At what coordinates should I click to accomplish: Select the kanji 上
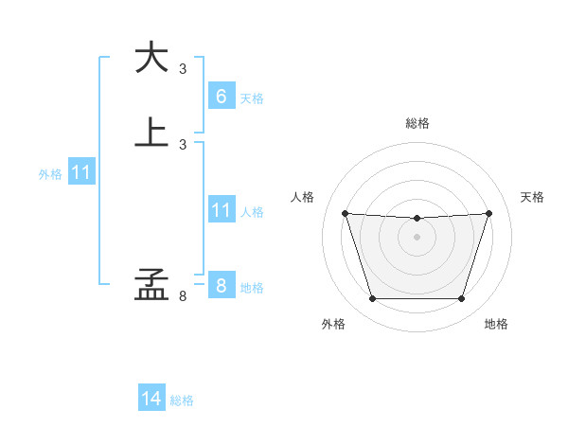[151, 131]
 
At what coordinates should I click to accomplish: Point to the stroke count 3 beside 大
[183, 69]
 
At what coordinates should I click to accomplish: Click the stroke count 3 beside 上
[183, 144]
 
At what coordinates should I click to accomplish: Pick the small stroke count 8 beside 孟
[183, 296]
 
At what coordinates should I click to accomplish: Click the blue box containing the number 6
[221, 97]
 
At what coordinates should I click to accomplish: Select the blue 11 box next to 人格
[221, 210]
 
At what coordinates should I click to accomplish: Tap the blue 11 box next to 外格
[81, 173]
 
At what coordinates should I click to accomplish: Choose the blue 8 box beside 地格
[221, 286]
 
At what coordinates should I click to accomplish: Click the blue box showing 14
[151, 399]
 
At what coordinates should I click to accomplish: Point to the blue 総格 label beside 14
[182, 400]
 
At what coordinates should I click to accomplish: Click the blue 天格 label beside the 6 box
[252, 98]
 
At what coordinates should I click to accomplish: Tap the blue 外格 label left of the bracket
[50, 174]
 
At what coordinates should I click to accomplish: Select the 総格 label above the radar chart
[417, 123]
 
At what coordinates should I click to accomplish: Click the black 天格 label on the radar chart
[533, 197]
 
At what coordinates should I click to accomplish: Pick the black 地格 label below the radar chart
[496, 324]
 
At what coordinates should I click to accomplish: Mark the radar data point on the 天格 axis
[488, 213]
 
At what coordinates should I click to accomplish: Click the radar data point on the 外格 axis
[372, 299]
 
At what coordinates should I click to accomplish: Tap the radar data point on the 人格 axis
[345, 213]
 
